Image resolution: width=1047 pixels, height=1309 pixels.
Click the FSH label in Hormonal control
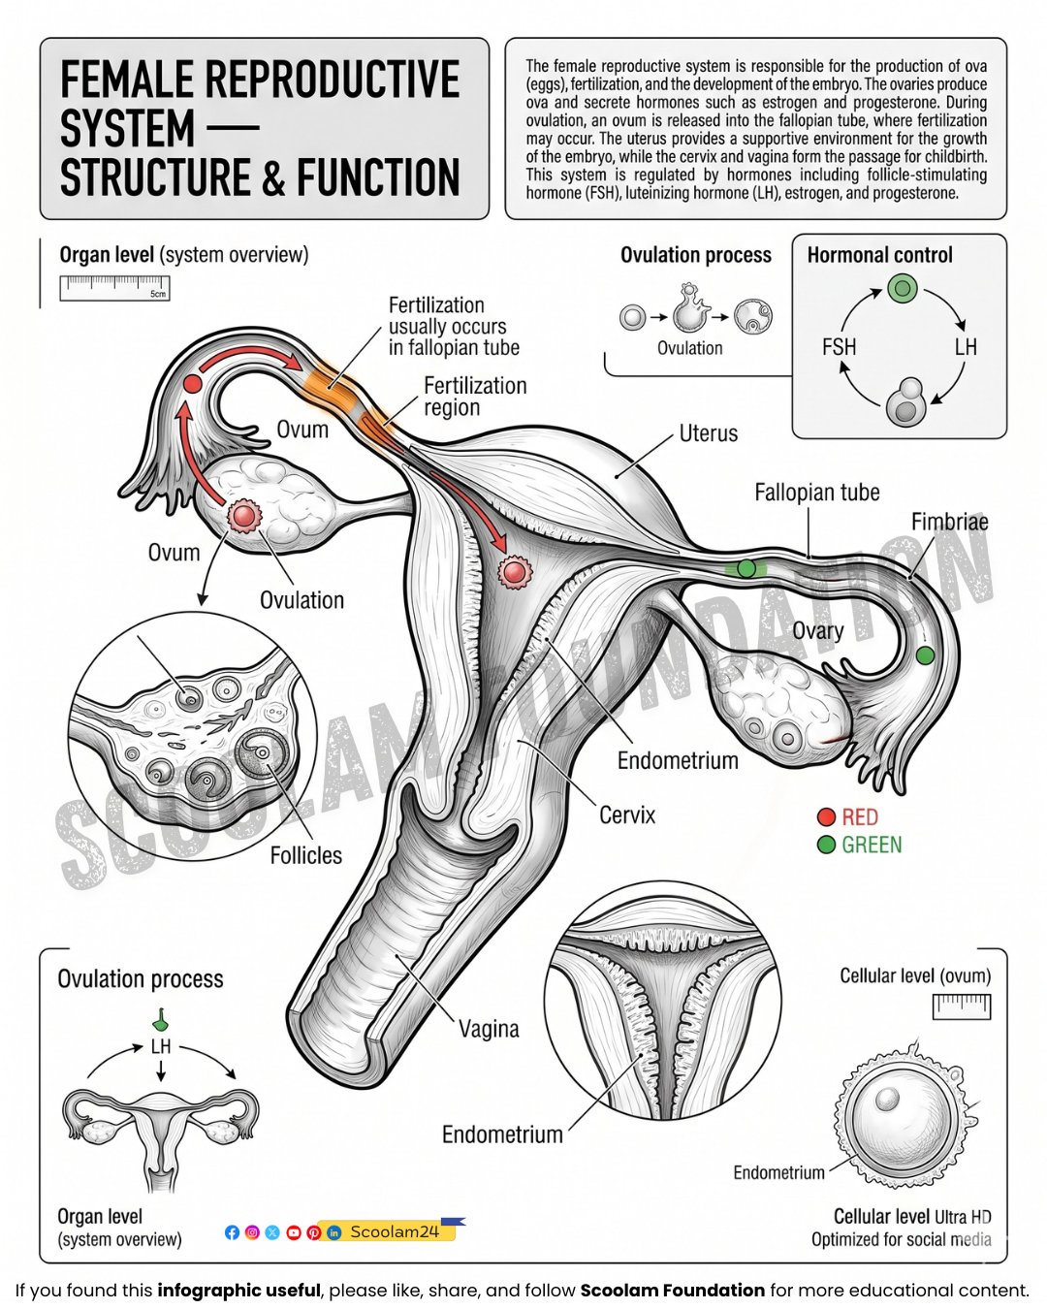coord(839,347)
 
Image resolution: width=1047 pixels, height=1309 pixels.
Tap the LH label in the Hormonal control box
coord(966,347)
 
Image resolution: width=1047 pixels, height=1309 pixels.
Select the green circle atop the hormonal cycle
coord(903,288)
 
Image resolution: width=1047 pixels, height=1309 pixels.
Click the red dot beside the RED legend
coord(826,816)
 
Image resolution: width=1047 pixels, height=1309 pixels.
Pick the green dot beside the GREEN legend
coord(826,845)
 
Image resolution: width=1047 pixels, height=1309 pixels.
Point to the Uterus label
coord(708,433)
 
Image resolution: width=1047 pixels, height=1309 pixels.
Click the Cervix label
coord(627,815)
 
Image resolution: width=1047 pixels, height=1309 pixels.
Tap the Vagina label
coord(489,1029)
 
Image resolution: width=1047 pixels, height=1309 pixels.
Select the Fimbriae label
coord(949,522)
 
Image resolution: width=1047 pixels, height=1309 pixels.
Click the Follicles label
coord(306,855)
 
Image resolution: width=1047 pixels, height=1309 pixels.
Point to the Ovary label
coord(817,631)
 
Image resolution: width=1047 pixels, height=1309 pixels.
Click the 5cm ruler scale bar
coord(114,288)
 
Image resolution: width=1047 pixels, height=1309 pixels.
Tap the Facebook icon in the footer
coord(232,1232)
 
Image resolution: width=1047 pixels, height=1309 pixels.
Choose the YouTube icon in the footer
coord(294,1232)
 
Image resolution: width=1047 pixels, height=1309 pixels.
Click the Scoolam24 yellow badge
coord(393,1231)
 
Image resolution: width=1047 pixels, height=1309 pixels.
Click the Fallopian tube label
coord(817,493)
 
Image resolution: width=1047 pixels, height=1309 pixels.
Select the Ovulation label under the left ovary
coord(301,600)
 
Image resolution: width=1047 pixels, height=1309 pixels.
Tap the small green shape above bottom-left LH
coord(161,1020)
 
